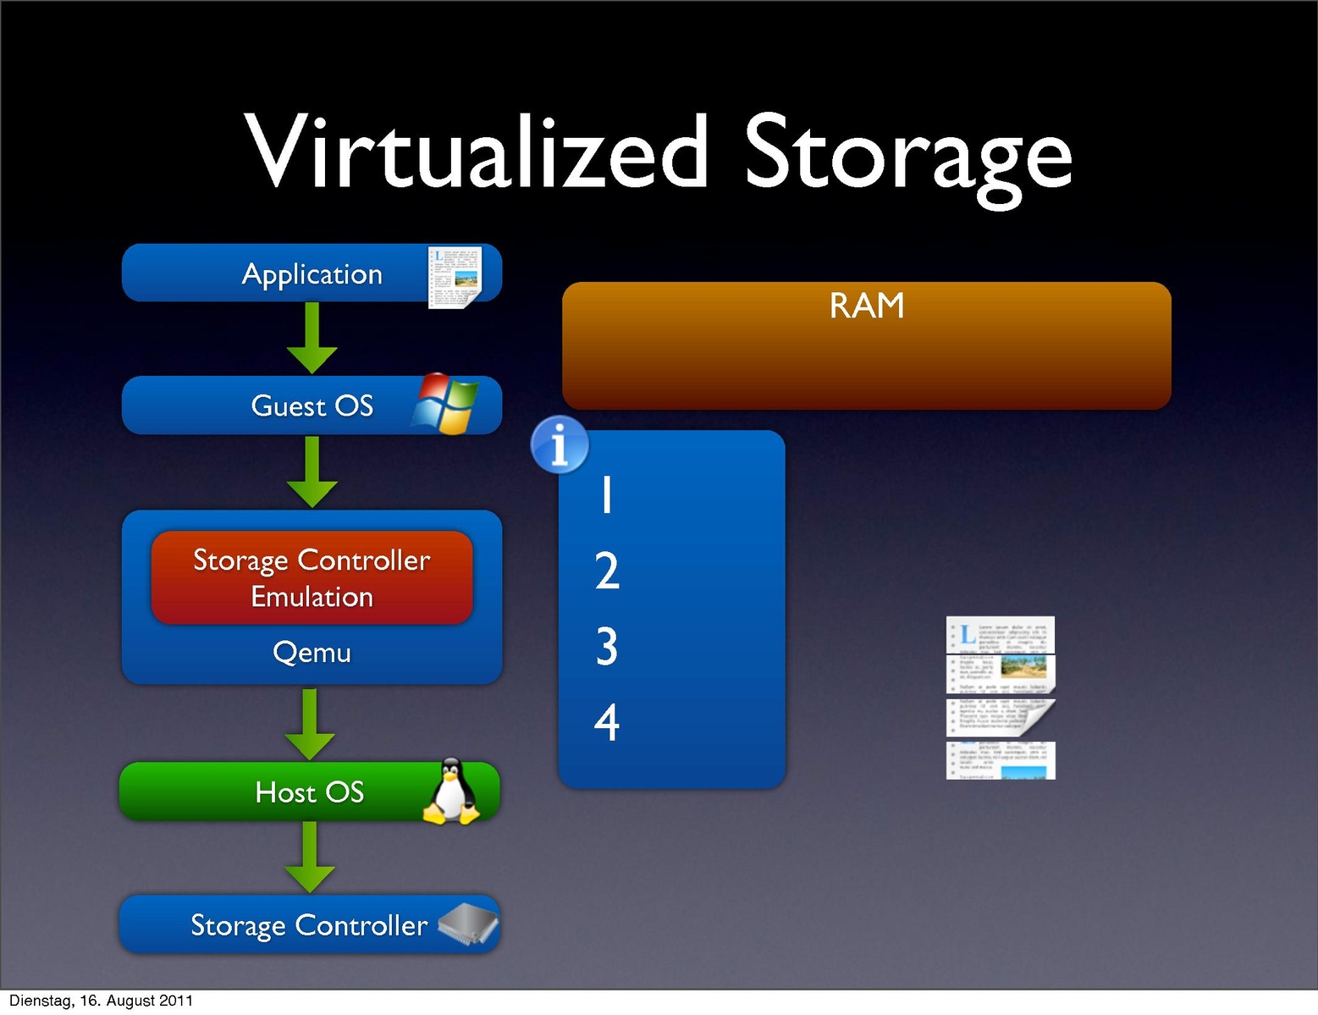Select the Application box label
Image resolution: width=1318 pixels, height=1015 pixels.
[x=312, y=274]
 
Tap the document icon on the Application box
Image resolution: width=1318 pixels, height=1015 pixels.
[x=455, y=277]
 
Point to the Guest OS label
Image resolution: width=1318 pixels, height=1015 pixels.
[x=312, y=406]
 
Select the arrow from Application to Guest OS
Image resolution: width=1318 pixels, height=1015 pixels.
[x=312, y=338]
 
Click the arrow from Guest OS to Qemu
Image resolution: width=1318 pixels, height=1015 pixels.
[x=312, y=472]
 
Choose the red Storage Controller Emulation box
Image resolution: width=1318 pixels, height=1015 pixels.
[x=312, y=577]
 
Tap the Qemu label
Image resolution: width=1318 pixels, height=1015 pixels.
[x=312, y=653]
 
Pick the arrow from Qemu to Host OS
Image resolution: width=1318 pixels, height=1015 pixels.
[x=311, y=724]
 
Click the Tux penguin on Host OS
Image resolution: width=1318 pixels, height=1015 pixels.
[x=450, y=792]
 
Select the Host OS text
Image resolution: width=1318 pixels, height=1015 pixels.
[x=310, y=792]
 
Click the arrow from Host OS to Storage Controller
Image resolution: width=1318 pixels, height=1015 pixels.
[x=310, y=857]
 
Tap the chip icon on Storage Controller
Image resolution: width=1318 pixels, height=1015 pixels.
[x=468, y=924]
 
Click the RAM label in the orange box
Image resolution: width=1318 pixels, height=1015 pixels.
[x=866, y=306]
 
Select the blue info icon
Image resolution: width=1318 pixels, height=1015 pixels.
[x=559, y=444]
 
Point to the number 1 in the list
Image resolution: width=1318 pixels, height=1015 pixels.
[x=606, y=494]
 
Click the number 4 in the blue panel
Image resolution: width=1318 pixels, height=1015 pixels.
[x=606, y=722]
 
